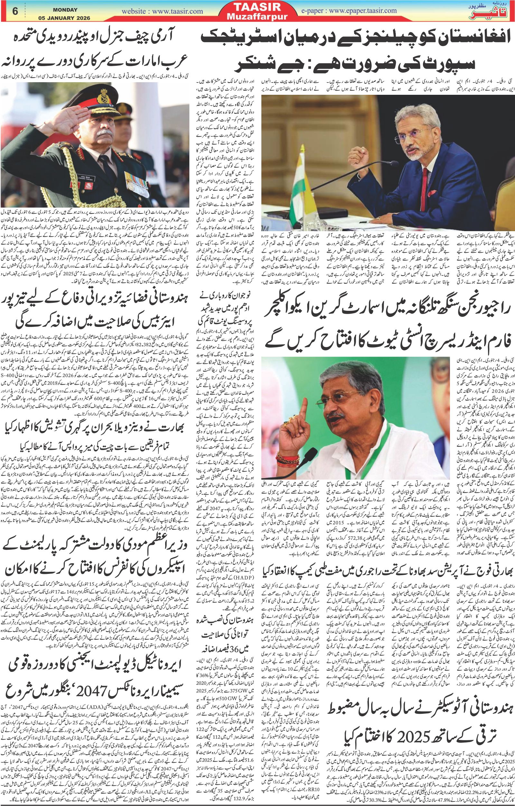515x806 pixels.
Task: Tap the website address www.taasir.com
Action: coord(162,11)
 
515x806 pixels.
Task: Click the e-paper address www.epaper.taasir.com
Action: coord(349,10)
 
